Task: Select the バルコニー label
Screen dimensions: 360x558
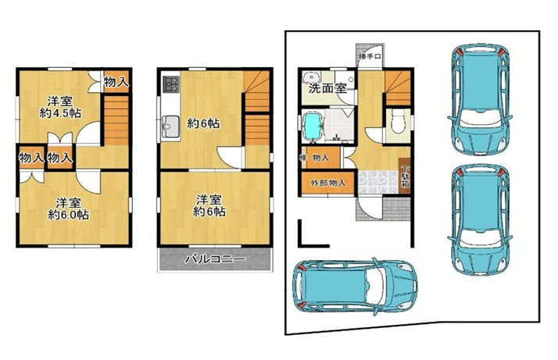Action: pos(215,259)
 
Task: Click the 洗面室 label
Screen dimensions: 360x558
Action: pos(327,88)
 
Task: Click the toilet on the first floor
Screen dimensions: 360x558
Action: pos(397,123)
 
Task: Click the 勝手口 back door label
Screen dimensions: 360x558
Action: pos(369,56)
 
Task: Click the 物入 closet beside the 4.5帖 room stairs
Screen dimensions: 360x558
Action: pos(116,81)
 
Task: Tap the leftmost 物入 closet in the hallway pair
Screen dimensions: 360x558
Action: pos(30,158)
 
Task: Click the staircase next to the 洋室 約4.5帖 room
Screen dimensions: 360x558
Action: pos(115,118)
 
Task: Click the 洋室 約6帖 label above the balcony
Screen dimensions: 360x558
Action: pos(211,205)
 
